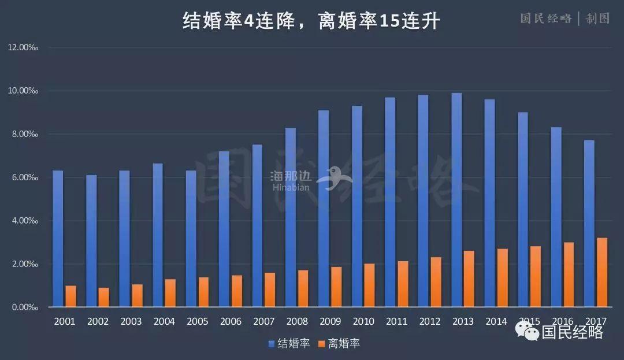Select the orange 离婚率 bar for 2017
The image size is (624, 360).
[603, 272]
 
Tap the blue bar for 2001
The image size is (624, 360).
[58, 239]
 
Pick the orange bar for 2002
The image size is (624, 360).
[104, 297]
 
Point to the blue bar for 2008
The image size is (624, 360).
[291, 217]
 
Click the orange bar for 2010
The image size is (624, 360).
[370, 285]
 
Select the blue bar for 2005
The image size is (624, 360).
[191, 239]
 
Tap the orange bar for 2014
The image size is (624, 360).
[503, 278]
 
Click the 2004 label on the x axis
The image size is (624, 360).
[164, 321]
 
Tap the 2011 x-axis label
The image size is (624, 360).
[397, 321]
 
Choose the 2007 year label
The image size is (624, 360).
[264, 321]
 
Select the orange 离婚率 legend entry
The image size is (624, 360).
[339, 343]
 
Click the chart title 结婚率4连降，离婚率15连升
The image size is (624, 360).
[312, 21]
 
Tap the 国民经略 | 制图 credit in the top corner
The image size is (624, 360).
[564, 18]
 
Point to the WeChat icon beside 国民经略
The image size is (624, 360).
[526, 331]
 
